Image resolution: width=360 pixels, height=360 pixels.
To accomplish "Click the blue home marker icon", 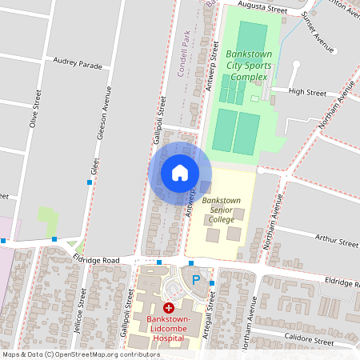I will [x=180, y=173].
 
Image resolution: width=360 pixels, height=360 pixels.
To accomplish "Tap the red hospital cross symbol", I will [x=168, y=308].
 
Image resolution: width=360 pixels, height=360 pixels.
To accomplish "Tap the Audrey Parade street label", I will [x=78, y=62].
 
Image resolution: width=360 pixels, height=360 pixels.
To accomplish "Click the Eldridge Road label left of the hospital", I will [x=95, y=261].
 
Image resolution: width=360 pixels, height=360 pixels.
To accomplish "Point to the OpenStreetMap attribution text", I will [x=82, y=354].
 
